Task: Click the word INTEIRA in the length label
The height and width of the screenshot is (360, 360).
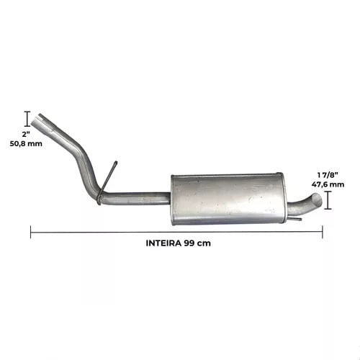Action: tap(163, 243)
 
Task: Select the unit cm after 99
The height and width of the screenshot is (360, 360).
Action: tap(205, 244)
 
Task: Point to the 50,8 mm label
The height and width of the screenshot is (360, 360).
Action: tap(26, 143)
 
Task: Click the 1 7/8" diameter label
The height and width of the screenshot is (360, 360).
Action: tap(328, 175)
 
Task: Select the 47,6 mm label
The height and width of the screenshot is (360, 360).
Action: tap(328, 184)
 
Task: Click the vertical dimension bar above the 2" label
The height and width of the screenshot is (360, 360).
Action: tap(27, 119)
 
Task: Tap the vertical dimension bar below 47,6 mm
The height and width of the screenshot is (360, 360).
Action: tap(328, 200)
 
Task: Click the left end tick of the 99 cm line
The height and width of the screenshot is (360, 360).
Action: tap(31, 232)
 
